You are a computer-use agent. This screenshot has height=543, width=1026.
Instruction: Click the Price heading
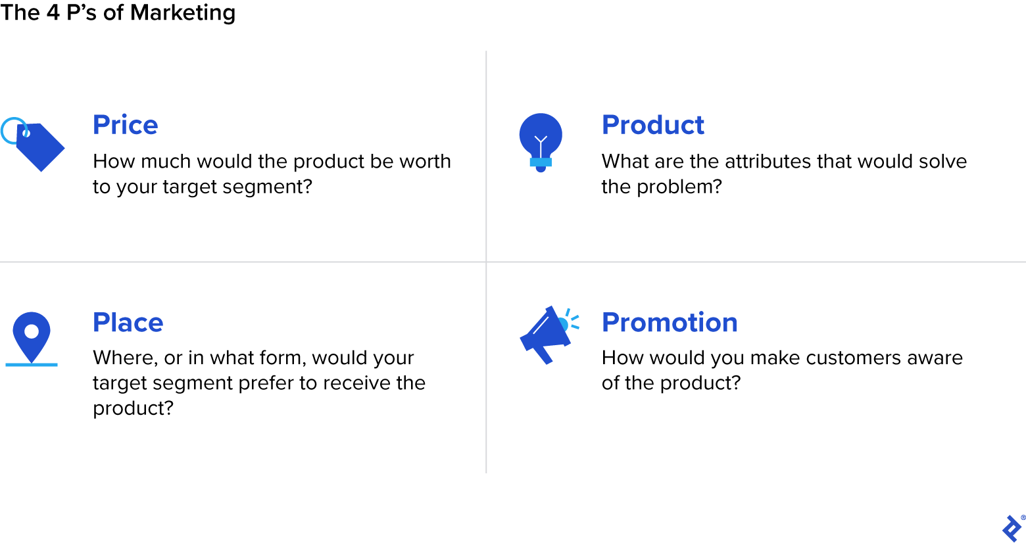point(125,125)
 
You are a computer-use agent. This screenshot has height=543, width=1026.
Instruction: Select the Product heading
point(652,125)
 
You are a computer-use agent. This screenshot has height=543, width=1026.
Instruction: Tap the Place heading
point(128,322)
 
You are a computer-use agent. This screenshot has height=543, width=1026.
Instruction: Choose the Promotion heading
point(670,322)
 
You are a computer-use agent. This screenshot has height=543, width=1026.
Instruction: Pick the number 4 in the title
point(53,12)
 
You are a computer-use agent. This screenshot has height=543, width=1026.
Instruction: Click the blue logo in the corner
point(1012,528)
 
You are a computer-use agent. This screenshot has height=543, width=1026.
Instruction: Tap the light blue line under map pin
point(32,364)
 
